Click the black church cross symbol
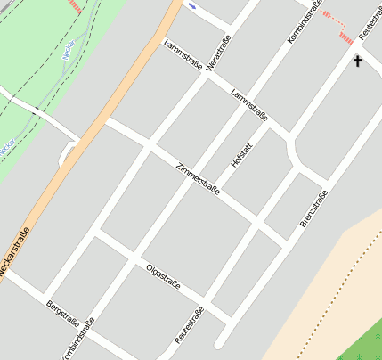[x=358, y=61]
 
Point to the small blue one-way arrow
[x=192, y=5]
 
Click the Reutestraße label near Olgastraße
[x=190, y=326]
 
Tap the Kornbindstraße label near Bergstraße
[x=77, y=340]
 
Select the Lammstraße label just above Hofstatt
[x=249, y=106]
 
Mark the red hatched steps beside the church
[x=337, y=25]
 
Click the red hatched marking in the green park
[x=77, y=7]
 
